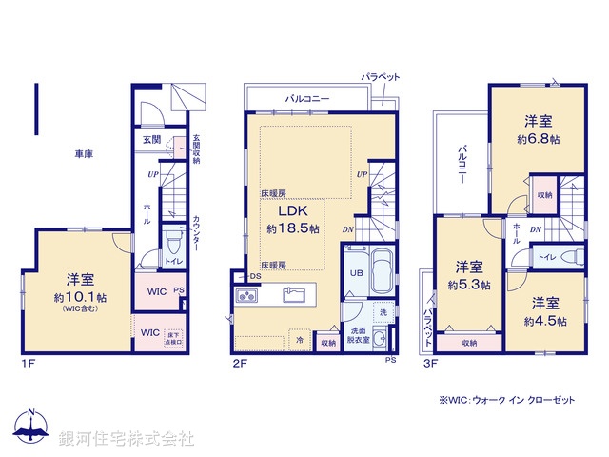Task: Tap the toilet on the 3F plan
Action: point(573,257)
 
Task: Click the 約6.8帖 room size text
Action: point(539,139)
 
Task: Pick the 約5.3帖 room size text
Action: point(469,284)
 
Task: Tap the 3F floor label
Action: point(430,363)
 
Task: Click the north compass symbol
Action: point(33,427)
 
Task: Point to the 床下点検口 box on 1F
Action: point(172,337)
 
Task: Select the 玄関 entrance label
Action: point(151,139)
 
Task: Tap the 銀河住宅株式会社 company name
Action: point(128,438)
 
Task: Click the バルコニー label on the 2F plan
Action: point(307,97)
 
